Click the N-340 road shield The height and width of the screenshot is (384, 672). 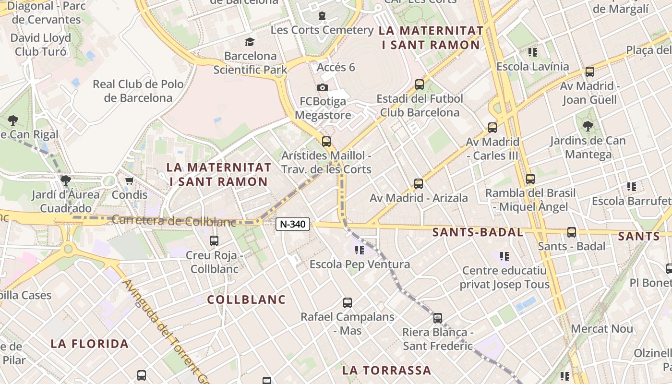click(x=293, y=224)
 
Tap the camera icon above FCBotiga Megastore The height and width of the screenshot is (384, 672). click(x=323, y=87)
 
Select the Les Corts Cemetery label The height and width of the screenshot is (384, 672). click(x=322, y=30)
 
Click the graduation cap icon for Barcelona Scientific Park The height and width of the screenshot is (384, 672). click(x=249, y=42)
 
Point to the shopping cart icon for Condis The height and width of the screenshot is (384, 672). click(x=129, y=181)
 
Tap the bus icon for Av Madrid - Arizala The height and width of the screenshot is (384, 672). click(x=419, y=184)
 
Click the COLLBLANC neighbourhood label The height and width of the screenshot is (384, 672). click(x=246, y=300)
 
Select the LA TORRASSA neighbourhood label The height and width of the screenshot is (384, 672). click(x=386, y=370)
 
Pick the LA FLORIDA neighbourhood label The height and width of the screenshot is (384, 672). click(x=90, y=344)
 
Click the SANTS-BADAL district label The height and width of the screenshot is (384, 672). click(x=478, y=232)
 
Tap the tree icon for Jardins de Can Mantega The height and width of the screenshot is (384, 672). click(x=588, y=126)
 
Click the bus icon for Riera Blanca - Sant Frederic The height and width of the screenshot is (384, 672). click(x=437, y=318)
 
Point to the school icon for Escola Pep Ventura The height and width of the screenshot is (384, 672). click(x=359, y=250)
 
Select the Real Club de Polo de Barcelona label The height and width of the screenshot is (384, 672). click(x=138, y=91)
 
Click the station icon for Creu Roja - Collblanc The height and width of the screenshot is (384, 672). click(x=214, y=240)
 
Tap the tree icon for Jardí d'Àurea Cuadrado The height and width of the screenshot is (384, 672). click(x=66, y=180)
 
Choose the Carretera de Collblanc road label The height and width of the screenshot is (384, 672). click(x=174, y=221)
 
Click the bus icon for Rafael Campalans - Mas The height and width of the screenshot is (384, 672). click(x=348, y=303)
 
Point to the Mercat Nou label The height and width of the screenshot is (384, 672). click(x=602, y=329)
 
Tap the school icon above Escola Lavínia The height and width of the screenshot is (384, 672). click(x=532, y=52)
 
